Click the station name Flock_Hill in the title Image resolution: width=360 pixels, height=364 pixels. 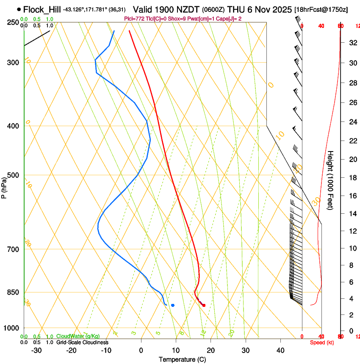point(42,9)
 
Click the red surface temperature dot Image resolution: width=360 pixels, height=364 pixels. point(204,305)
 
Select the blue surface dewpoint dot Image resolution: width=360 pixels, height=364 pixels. point(173,305)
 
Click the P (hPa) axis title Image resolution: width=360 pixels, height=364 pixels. point(4,185)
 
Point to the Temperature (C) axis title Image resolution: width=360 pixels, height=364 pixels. point(182,359)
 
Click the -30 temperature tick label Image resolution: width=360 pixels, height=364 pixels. point(36,350)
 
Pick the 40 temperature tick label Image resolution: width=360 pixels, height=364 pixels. point(280,350)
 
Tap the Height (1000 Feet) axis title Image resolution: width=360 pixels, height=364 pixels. point(331,180)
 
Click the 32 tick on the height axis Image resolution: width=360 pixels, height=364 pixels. point(352,42)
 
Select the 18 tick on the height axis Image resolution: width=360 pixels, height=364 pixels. point(352,178)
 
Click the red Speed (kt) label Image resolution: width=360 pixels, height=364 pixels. point(322,342)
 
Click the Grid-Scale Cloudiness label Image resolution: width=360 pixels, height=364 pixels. point(82,342)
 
